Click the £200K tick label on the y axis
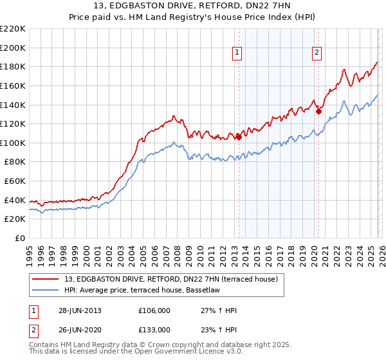click(13, 48)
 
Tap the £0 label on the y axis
click(20, 238)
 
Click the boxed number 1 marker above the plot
click(238, 53)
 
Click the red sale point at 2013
click(239, 136)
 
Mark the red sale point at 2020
click(318, 111)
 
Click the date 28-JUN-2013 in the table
click(80, 310)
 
